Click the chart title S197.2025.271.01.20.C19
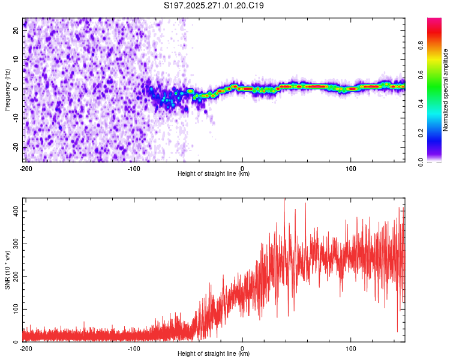coord(214,6)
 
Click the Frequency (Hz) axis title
coord(7,89)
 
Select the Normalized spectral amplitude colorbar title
coord(446,89)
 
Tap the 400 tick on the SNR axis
coord(13,211)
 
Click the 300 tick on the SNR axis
coord(13,244)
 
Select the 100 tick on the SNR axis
coord(13,309)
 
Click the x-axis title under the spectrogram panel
coord(214,174)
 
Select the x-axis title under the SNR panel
coord(214,354)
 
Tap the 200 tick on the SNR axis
coord(13,277)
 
